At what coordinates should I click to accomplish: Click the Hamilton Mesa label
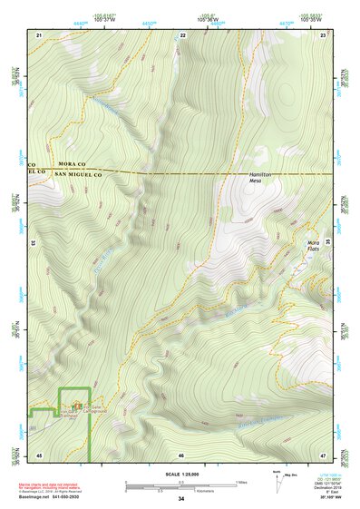coord(261,178)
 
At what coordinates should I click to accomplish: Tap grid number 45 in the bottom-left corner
coord(39,454)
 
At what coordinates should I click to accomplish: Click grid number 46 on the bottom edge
coord(181,454)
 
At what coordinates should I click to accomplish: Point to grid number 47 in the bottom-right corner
coord(323,454)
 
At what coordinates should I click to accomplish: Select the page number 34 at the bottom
coord(180,499)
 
